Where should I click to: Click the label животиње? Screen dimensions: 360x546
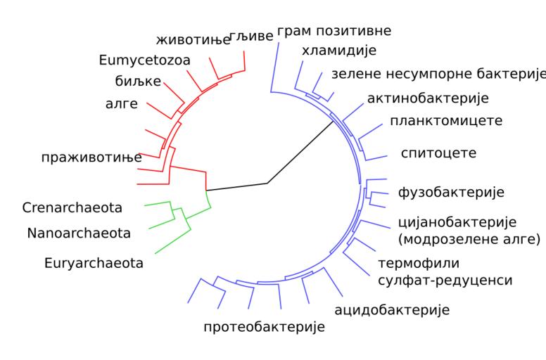click(x=193, y=39)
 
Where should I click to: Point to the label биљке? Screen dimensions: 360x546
click(x=139, y=81)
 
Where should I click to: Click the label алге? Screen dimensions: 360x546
click(x=121, y=105)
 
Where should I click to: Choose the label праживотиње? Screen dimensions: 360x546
click(x=91, y=157)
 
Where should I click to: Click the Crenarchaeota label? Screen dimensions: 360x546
click(x=72, y=207)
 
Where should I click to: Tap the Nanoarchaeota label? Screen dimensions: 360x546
click(x=79, y=233)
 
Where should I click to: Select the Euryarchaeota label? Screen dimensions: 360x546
click(x=94, y=264)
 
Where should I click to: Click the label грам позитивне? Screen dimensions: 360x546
click(x=334, y=31)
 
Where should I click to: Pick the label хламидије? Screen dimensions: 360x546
click(x=339, y=50)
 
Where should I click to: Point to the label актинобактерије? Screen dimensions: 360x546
click(x=428, y=98)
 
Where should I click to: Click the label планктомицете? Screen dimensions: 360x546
click(x=446, y=120)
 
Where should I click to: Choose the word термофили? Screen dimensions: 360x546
click(x=419, y=264)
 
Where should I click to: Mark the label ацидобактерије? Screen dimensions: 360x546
click(x=392, y=309)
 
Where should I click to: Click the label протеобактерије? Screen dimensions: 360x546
click(x=264, y=327)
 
